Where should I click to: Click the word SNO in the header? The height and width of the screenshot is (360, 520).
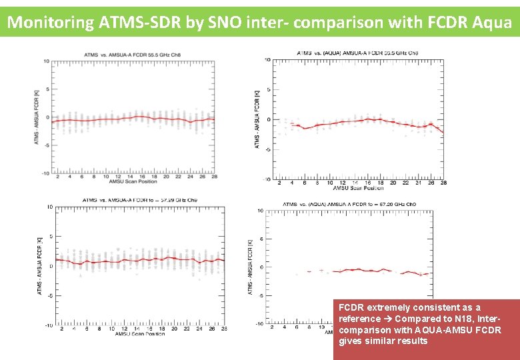click(x=226, y=22)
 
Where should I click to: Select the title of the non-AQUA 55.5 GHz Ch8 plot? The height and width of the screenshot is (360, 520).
click(x=135, y=54)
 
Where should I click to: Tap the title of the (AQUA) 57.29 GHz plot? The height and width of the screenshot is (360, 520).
click(x=350, y=204)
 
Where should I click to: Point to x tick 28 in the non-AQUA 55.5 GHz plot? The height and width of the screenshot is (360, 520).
click(x=213, y=177)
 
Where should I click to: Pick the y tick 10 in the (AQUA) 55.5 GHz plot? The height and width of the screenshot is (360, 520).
click(x=267, y=60)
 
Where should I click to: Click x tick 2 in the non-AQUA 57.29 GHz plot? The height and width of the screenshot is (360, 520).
click(x=61, y=329)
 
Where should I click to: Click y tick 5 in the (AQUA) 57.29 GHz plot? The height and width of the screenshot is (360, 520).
click(x=260, y=239)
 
